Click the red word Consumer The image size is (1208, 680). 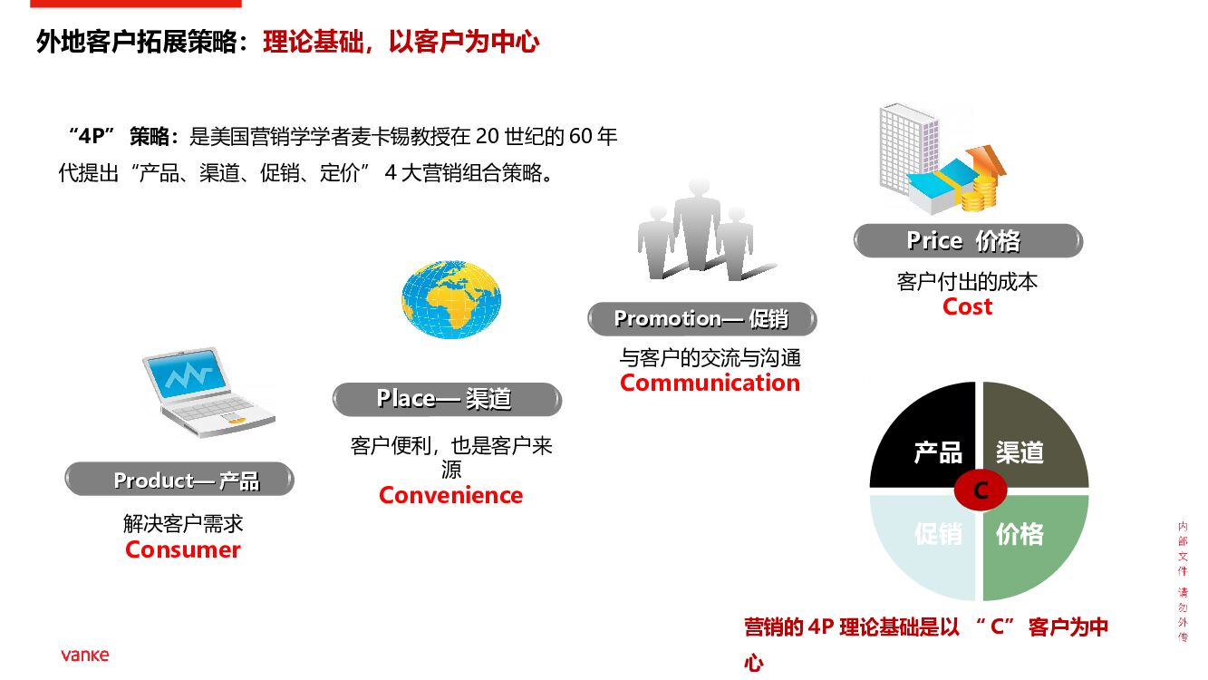183,549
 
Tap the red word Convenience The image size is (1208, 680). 450,495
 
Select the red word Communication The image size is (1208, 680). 710,383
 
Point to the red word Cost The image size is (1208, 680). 967,306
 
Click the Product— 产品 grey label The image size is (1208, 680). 179,480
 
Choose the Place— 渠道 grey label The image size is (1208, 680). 447,399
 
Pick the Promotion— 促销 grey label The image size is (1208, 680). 701,319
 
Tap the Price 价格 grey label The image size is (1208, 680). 968,241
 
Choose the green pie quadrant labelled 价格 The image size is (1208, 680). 1033,544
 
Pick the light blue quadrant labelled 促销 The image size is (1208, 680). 924,544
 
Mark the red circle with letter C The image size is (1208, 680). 980,491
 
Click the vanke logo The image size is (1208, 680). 85,655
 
